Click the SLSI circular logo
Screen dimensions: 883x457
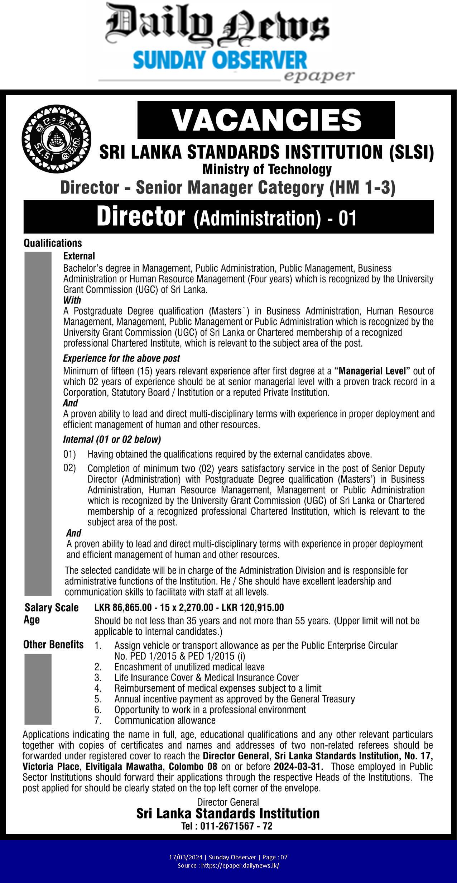coord(56,138)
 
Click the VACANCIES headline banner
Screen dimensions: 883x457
coord(266,120)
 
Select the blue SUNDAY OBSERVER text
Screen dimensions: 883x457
coord(220,60)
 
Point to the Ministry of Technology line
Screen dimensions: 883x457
coord(267,169)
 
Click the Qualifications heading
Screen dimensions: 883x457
coord(53,243)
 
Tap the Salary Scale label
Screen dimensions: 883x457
coord(52,607)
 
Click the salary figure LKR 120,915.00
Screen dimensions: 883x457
coord(252,607)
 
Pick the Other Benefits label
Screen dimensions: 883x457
coord(53,645)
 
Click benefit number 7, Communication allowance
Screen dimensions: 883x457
coord(165,720)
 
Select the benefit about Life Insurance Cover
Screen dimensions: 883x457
coord(206,677)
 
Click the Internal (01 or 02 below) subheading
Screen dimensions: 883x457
coord(112,439)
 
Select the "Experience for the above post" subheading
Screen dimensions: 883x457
coord(121,358)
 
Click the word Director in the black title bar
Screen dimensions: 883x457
coord(141,217)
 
